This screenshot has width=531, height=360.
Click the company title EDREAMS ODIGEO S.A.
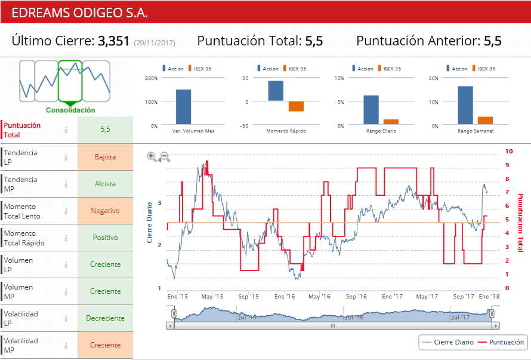80,13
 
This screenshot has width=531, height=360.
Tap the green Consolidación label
70,110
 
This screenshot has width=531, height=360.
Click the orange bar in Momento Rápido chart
296,106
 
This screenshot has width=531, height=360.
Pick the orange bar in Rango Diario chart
391,121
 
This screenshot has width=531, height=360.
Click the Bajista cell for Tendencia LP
105,157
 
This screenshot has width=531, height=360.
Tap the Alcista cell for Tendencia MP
105,184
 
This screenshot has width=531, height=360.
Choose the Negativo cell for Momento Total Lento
105,211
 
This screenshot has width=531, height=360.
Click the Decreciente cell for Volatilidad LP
105,318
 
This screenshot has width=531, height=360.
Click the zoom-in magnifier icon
152,156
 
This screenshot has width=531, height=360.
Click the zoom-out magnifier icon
165,156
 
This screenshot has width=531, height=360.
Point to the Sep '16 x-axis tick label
356,296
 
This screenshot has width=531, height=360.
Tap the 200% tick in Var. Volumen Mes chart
151,78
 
